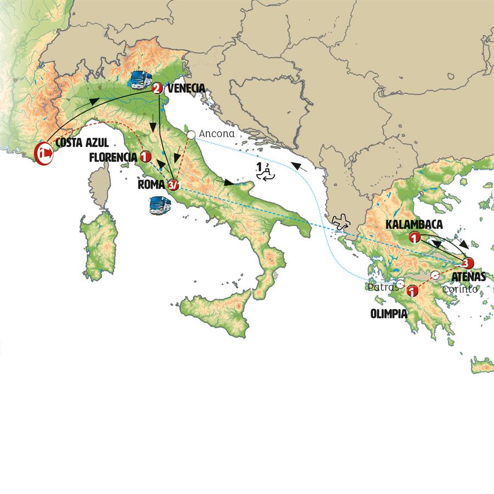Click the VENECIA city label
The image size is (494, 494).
pos(187,88)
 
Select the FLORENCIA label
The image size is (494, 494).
pos(113,157)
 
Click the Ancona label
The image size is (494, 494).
pos(216,133)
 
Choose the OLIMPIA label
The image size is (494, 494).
pos(388,314)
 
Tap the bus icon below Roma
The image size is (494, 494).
pos(160,204)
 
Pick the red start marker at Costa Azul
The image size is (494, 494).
pos(43,153)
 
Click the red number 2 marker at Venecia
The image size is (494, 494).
pos(157,88)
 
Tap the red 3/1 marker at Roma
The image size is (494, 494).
pos(173,185)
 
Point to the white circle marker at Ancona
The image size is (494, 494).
pos(191,134)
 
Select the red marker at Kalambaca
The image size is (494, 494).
pos(415,238)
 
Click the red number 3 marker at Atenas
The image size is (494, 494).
pos(467,262)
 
